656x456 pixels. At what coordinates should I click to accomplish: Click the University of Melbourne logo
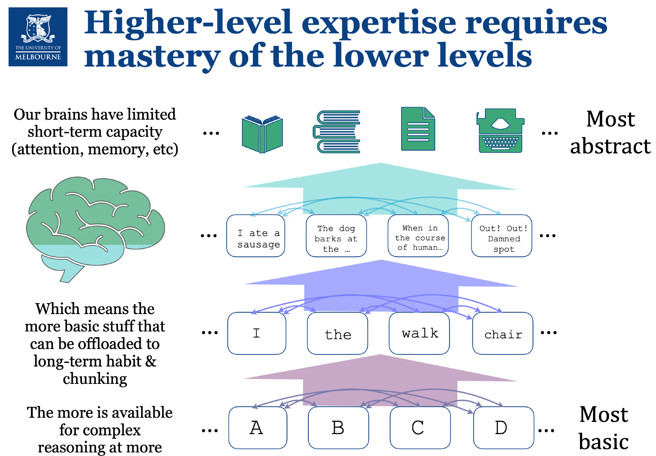tap(38, 37)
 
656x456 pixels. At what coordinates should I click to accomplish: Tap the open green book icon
tap(262, 134)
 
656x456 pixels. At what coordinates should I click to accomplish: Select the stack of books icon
tap(337, 132)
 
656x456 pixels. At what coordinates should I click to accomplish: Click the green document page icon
tap(418, 129)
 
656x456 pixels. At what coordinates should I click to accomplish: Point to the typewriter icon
tap(500, 131)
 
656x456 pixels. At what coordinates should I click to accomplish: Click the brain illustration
tap(95, 226)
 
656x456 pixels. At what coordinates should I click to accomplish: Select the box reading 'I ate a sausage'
tap(256, 236)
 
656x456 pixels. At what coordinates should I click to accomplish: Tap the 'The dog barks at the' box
tap(336, 236)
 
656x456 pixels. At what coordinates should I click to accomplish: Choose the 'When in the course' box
tap(418, 236)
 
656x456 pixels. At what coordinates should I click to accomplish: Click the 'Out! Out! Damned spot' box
tap(502, 236)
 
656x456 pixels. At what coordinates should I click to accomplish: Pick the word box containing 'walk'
tap(419, 333)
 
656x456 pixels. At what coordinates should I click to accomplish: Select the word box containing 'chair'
tap(503, 333)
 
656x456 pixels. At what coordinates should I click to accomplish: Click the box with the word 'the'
tap(338, 333)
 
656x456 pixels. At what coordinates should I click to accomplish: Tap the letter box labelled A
tap(258, 428)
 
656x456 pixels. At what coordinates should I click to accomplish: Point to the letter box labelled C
tap(420, 428)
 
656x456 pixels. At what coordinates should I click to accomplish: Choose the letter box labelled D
tap(504, 428)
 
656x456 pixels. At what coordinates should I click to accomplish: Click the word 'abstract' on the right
tap(610, 146)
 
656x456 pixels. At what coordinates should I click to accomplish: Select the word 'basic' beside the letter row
tap(604, 442)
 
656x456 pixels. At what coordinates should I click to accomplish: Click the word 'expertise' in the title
tap(379, 23)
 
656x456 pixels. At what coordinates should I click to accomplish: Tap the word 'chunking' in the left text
tap(95, 379)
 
